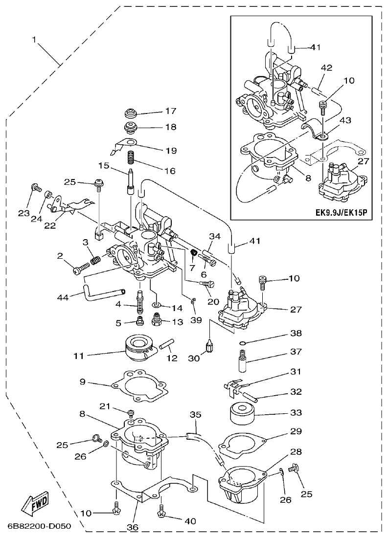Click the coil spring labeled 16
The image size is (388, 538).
(131, 158)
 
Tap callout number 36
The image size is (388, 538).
(133, 527)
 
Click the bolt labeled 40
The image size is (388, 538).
(161, 513)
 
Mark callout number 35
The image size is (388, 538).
(196, 415)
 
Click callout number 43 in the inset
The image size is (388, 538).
(331, 120)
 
